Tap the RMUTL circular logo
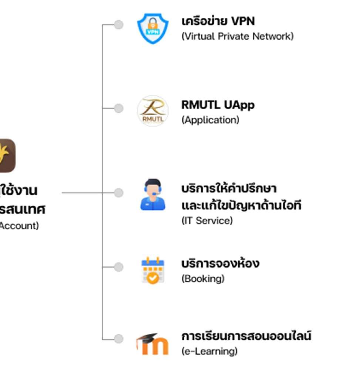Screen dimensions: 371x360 153,110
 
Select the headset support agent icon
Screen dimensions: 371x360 153,195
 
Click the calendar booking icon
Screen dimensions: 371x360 153,270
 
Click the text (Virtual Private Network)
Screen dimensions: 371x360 237,36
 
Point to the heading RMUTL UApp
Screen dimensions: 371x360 218,105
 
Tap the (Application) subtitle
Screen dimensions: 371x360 210,120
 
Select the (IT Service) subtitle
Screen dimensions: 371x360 207,220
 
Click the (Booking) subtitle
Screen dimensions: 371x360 203,278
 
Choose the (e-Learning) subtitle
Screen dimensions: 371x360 209,351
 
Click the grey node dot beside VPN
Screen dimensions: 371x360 118,24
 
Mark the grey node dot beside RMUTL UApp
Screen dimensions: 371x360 118,108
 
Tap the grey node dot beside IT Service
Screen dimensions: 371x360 118,192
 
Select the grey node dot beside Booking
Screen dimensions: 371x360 118,267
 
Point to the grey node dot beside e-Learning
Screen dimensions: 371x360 118,338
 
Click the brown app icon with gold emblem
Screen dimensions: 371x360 7,155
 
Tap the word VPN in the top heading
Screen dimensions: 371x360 243,21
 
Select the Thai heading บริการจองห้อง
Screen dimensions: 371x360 220,264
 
